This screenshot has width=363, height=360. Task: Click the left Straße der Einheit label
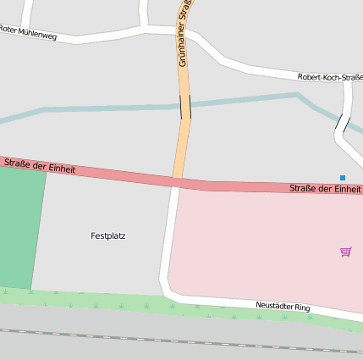point(39,165)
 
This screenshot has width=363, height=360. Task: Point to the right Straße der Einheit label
point(324,189)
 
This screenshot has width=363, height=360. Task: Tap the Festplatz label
point(107,235)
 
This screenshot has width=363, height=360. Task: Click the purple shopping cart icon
point(345,252)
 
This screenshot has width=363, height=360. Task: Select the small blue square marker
point(343,178)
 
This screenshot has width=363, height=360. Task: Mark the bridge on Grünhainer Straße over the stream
point(184,107)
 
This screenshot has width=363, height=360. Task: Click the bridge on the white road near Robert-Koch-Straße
point(341,124)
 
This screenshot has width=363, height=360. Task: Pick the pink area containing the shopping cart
point(262,246)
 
